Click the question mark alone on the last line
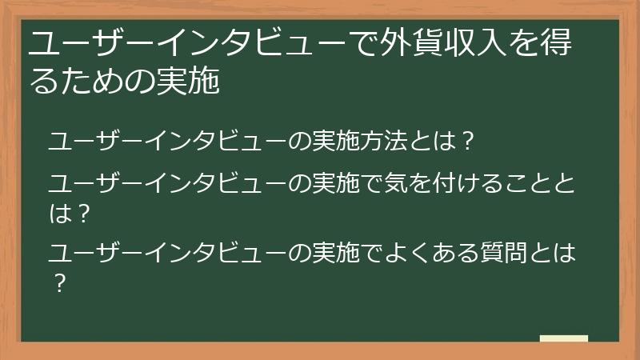click(58, 282)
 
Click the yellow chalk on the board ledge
click(563, 338)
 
